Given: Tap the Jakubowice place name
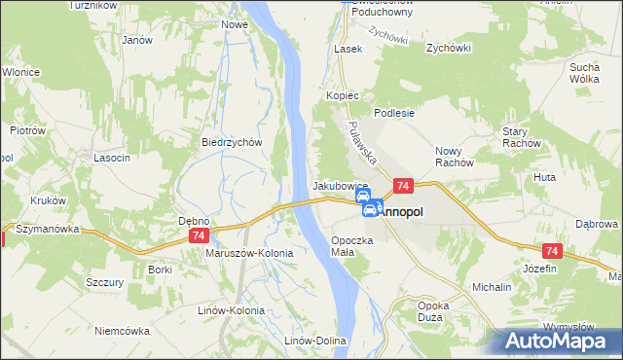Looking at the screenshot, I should coord(339,185).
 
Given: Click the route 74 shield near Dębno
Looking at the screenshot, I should coord(199,236).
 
